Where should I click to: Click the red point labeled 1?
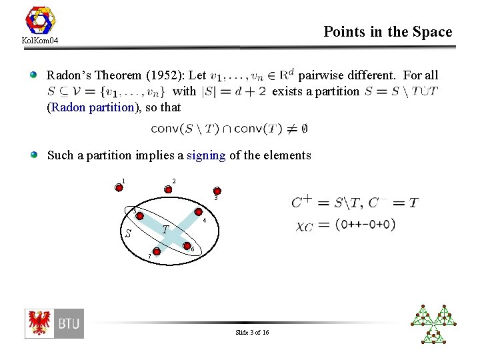click(x=119, y=187)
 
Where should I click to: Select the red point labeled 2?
click(x=168, y=189)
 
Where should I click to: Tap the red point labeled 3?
click(x=217, y=191)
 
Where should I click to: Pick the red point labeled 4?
click(x=198, y=215)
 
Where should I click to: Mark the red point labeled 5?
click(x=141, y=215)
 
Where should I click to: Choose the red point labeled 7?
click(x=156, y=251)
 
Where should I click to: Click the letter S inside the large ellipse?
click(x=128, y=233)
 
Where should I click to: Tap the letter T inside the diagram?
click(x=167, y=229)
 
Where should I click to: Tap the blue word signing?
click(x=207, y=155)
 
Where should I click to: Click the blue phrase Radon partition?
click(x=91, y=107)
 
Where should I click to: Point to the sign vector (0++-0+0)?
click(x=365, y=225)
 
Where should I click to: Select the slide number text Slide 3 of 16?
click(x=252, y=332)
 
